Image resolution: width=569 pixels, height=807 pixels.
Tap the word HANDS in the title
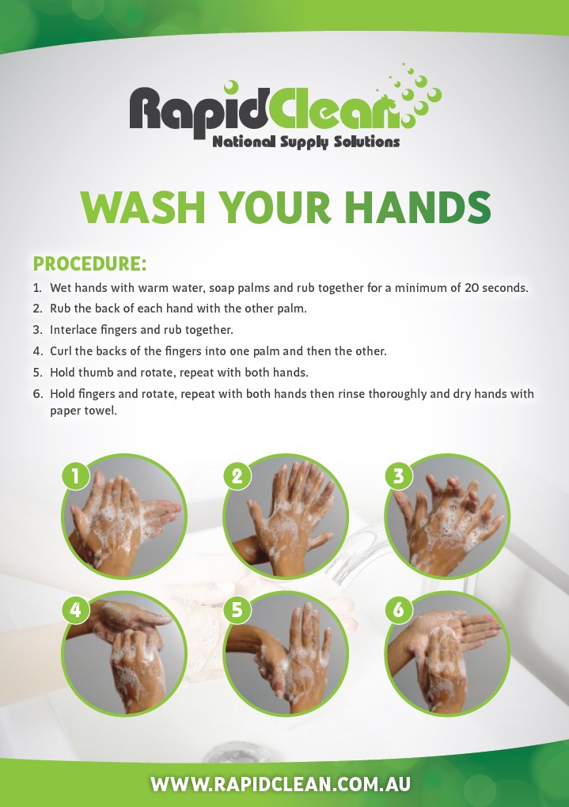pos(418,207)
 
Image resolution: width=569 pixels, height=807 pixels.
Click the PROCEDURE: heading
pos(89,263)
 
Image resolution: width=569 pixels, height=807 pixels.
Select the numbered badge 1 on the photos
pos(76,475)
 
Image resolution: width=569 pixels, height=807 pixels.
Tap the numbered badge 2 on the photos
pos(237,475)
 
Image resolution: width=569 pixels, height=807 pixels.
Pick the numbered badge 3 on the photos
pos(399,475)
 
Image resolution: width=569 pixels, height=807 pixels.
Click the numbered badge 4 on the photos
pos(76,609)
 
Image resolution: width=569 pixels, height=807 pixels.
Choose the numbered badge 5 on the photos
pos(237,609)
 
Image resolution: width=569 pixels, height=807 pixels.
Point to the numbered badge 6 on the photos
pos(399,609)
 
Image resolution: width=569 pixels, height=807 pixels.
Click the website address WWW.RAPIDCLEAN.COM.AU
pos(281,784)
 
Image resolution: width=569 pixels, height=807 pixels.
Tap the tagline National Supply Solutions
pos(306,142)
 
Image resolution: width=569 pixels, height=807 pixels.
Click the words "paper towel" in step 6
pos(83,411)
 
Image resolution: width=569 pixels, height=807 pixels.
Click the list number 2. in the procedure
pos(37,309)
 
